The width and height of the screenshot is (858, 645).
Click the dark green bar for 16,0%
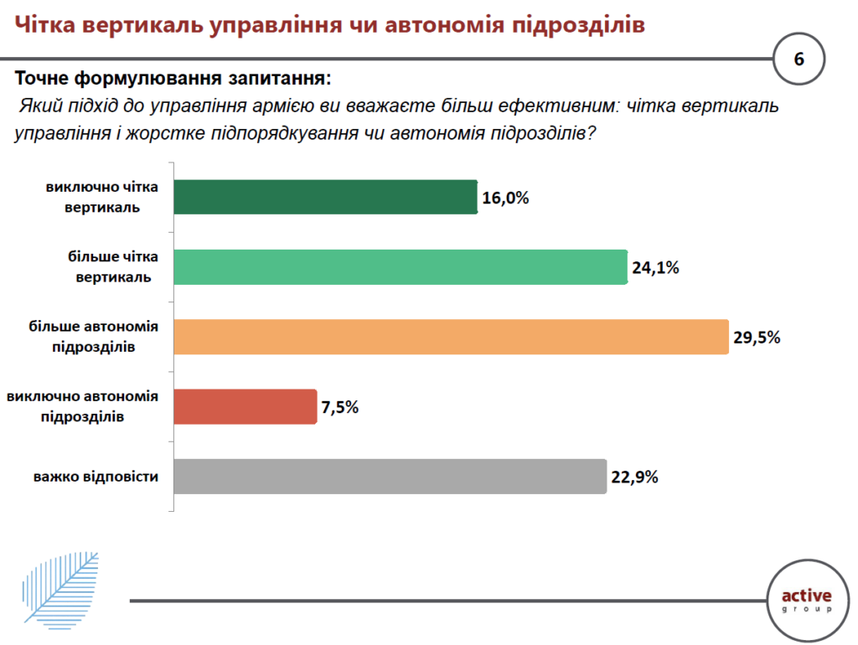[x=325, y=198]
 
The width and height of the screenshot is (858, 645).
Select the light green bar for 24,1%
[x=400, y=267]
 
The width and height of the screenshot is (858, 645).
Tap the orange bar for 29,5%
[x=450, y=337]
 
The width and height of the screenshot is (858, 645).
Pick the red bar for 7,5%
[x=245, y=406]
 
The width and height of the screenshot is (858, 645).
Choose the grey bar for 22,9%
[x=390, y=476]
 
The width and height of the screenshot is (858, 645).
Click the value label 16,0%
[x=506, y=199]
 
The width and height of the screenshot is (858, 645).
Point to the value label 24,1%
[x=655, y=268]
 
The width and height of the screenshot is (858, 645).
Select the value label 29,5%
[x=757, y=338]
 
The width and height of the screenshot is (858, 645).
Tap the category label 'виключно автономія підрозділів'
[x=83, y=406]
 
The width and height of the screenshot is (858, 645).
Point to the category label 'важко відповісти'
[x=96, y=477]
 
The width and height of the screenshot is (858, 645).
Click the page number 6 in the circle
[x=799, y=59]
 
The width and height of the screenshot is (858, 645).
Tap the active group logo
[x=806, y=601]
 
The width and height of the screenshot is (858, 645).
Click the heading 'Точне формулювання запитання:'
[x=173, y=80]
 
